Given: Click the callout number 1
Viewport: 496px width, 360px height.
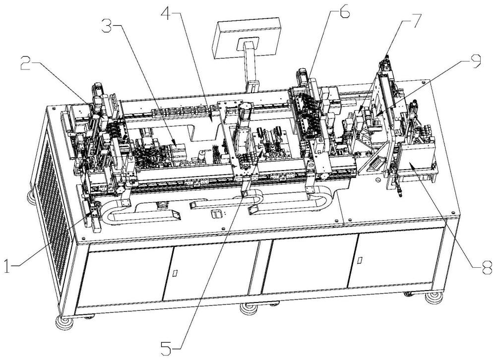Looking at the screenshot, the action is pos(7,265).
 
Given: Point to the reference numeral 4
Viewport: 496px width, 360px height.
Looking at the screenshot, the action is pos(167,12).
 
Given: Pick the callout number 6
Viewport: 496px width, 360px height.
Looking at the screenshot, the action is pos(344,13).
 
